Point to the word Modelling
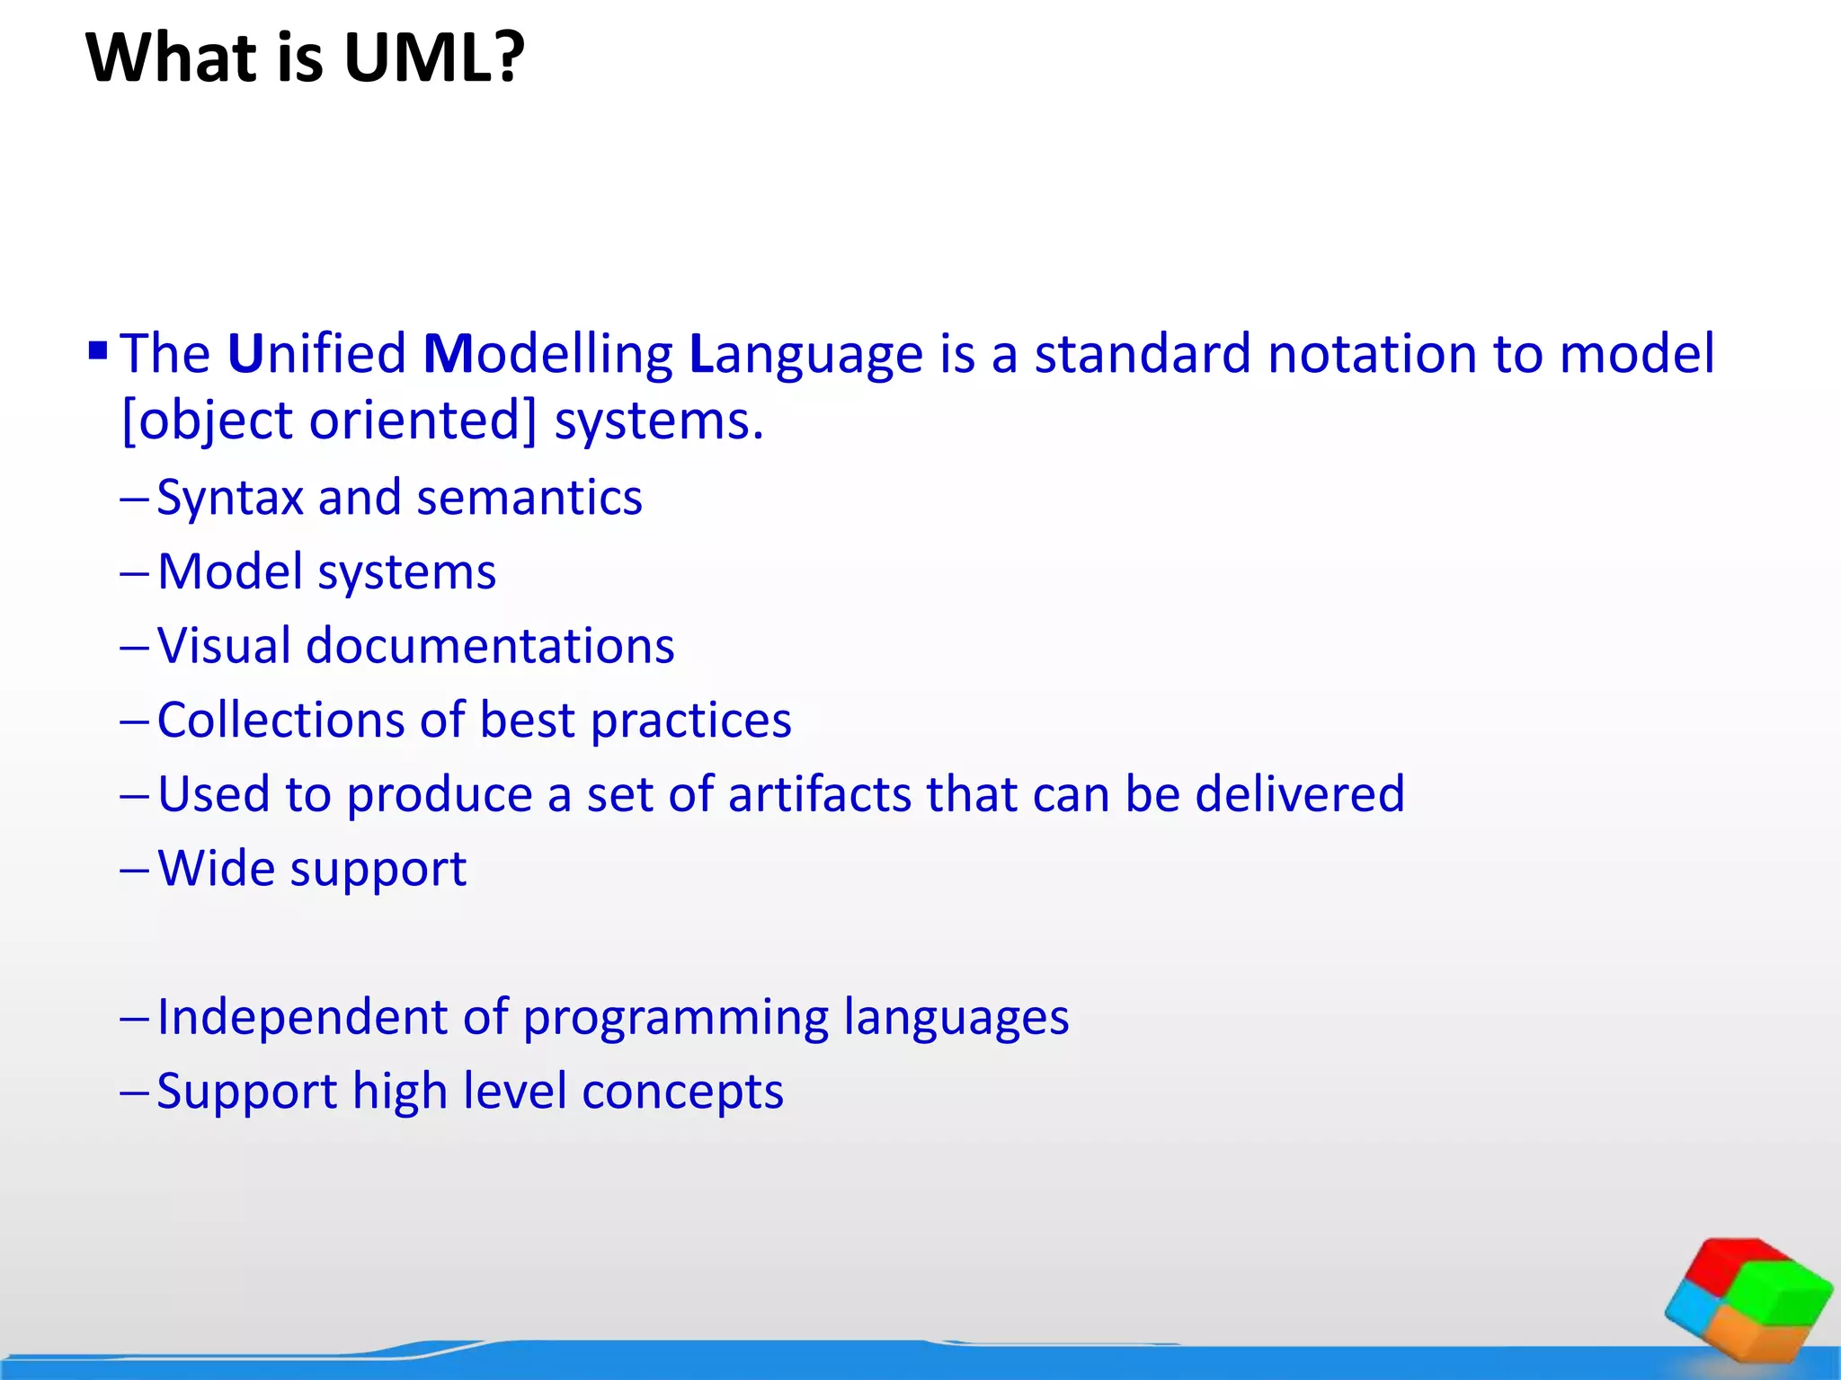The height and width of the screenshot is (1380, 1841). click(x=547, y=353)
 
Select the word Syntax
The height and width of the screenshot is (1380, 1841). click(x=230, y=499)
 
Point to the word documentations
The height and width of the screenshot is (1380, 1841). click(x=490, y=647)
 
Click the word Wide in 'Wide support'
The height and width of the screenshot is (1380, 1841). click(x=216, y=869)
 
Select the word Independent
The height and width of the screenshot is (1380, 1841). click(x=302, y=1018)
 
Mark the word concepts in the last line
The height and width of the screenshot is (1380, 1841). click(x=682, y=1092)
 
